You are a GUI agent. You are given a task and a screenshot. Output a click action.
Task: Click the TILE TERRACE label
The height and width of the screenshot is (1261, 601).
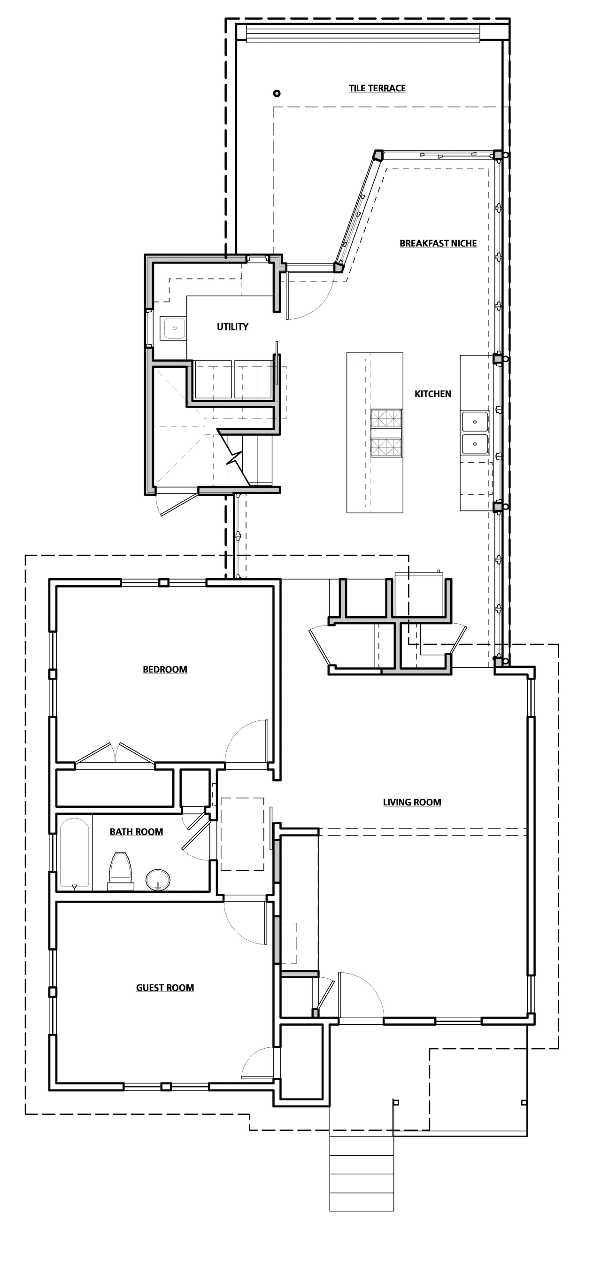pos(377,88)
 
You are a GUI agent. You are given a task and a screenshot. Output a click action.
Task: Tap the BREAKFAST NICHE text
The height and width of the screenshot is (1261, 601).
pos(438,243)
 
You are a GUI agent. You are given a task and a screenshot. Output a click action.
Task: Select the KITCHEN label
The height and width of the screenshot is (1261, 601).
pos(432,394)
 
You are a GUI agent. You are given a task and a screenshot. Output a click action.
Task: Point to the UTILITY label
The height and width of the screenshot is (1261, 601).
pos(232,326)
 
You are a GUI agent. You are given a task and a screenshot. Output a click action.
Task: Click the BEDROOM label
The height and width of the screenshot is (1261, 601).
pos(165,669)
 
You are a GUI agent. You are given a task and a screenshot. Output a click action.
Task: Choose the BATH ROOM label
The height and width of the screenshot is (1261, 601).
pos(136,832)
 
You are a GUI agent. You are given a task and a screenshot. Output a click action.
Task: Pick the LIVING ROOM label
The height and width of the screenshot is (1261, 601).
pos(412,802)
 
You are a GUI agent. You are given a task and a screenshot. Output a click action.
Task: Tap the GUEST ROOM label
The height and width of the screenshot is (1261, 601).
pos(165,987)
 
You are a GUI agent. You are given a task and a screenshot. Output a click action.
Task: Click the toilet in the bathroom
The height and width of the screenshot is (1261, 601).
pos(120,870)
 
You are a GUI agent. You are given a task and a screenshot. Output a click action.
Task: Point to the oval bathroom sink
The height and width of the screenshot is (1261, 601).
pos(158,879)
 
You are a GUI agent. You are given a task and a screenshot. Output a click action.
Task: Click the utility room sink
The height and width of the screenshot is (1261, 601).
pos(173,328)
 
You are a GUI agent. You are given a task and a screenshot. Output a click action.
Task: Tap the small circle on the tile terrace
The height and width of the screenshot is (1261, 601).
pos(277,93)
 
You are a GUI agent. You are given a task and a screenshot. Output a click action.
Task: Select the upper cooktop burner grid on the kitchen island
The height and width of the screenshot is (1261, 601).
pos(386,419)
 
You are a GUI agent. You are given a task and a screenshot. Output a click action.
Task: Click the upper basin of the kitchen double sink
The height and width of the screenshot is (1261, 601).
pos(475,421)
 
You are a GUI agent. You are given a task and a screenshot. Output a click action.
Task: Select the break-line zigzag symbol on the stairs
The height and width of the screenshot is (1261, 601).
pos(234,459)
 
